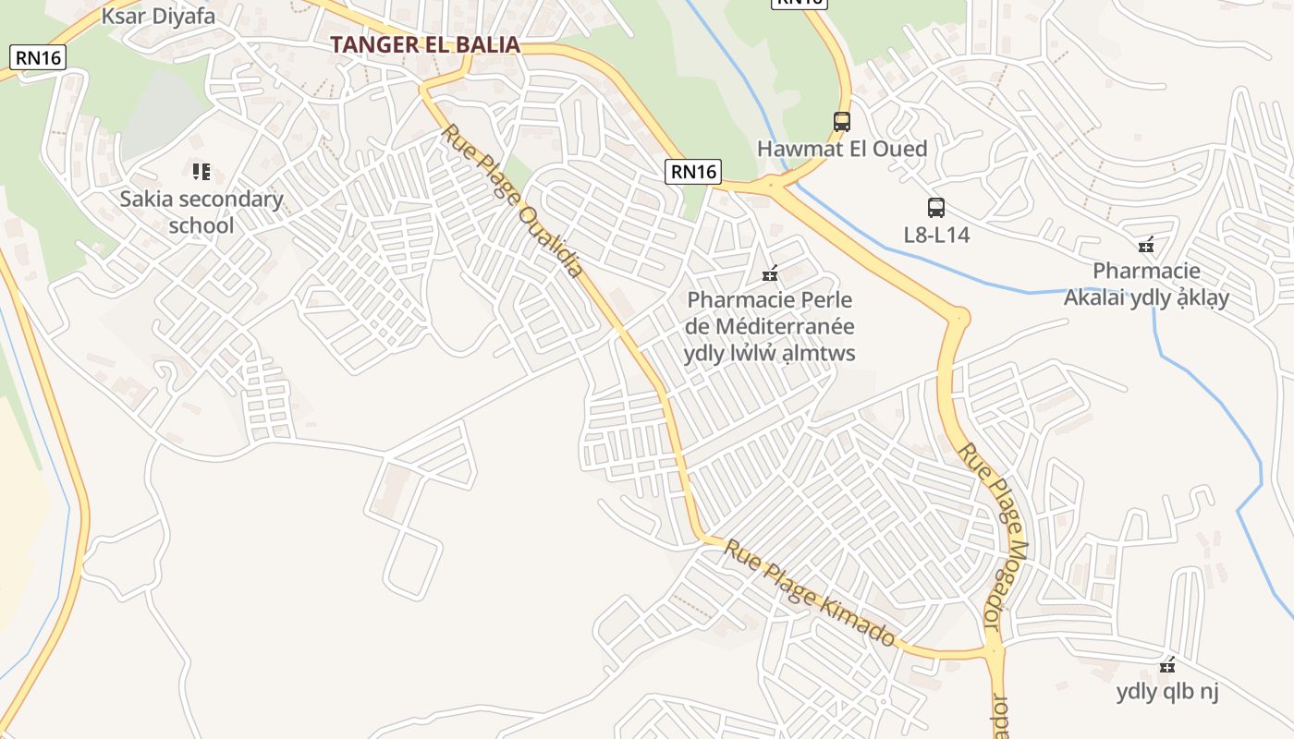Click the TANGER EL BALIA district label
click(425, 44)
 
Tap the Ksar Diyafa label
click(158, 16)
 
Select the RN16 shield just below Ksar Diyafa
click(38, 57)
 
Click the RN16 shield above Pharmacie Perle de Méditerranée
click(693, 171)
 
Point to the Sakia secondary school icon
click(201, 171)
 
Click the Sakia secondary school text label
click(201, 212)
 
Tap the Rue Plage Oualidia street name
click(513, 201)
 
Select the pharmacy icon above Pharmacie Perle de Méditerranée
click(769, 273)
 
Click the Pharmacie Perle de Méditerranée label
click(770, 327)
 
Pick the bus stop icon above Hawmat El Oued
click(841, 121)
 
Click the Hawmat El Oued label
click(841, 149)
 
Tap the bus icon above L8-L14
click(936, 208)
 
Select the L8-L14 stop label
click(936, 235)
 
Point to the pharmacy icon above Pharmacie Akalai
click(1146, 245)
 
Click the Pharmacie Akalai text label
click(1146, 285)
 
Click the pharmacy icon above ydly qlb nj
click(1167, 665)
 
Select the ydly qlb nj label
click(1167, 691)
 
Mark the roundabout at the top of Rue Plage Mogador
click(958, 319)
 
